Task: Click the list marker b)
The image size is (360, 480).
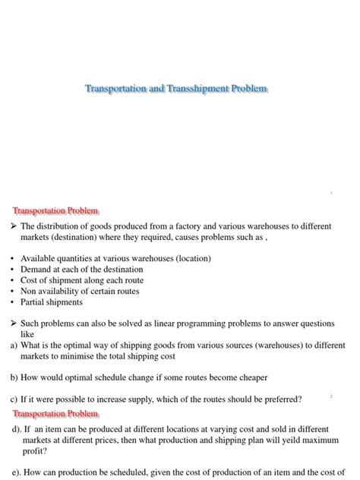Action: tap(14, 377)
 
